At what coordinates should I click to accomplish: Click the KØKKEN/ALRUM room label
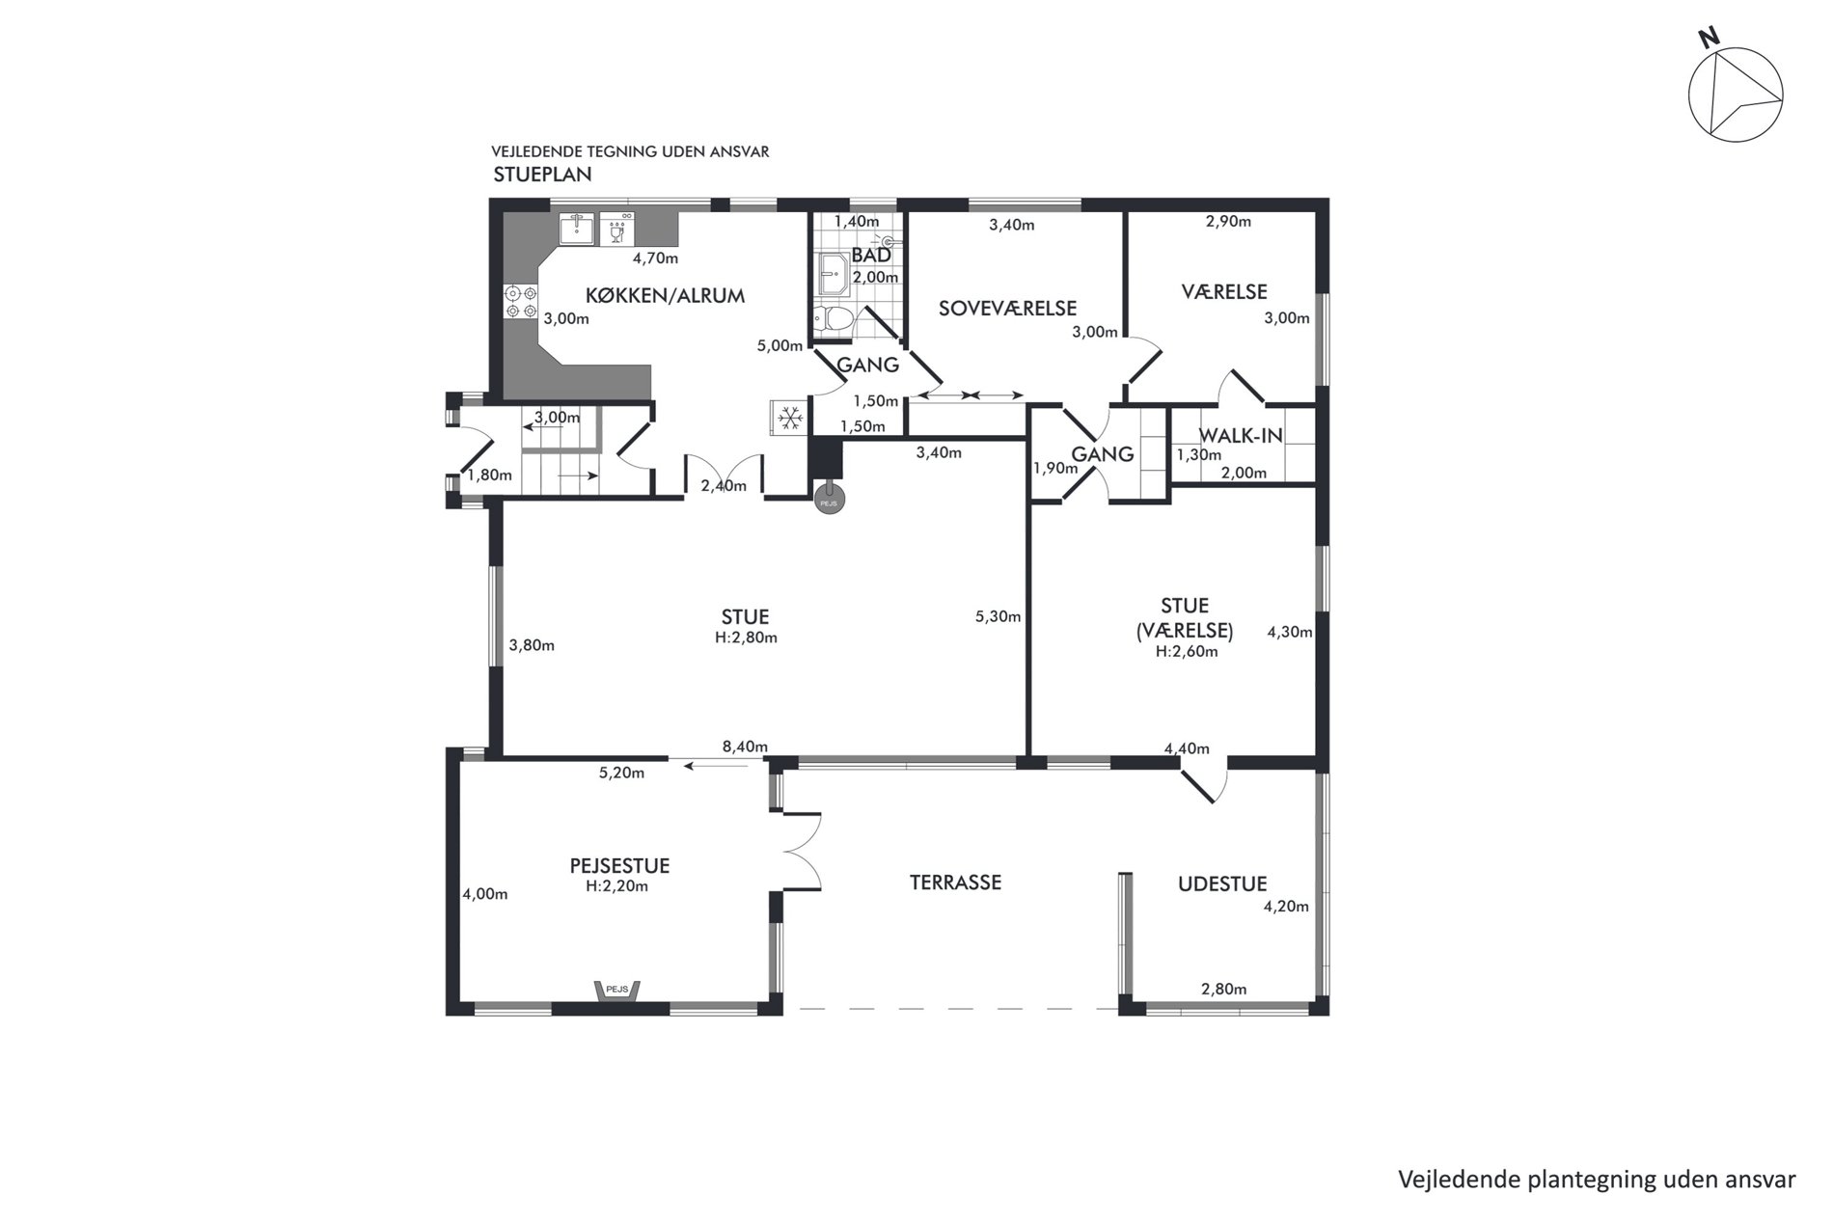[x=665, y=296]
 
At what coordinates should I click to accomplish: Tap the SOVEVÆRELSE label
[x=1007, y=309]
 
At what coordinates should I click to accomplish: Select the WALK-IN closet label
[x=1241, y=435]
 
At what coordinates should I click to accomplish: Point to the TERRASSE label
[x=955, y=883]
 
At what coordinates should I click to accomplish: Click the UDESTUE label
[x=1222, y=883]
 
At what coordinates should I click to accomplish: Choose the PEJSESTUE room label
[x=619, y=866]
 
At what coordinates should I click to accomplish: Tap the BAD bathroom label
[x=871, y=257]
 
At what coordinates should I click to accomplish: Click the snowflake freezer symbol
[x=790, y=418]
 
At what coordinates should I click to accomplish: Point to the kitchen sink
[x=577, y=230]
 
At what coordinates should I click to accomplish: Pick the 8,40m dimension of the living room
[x=746, y=747]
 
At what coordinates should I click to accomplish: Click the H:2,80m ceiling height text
[x=745, y=638]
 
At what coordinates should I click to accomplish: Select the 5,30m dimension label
[x=999, y=616]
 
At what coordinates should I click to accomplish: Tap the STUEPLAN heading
[x=542, y=176]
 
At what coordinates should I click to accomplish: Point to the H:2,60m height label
[x=1187, y=651]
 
